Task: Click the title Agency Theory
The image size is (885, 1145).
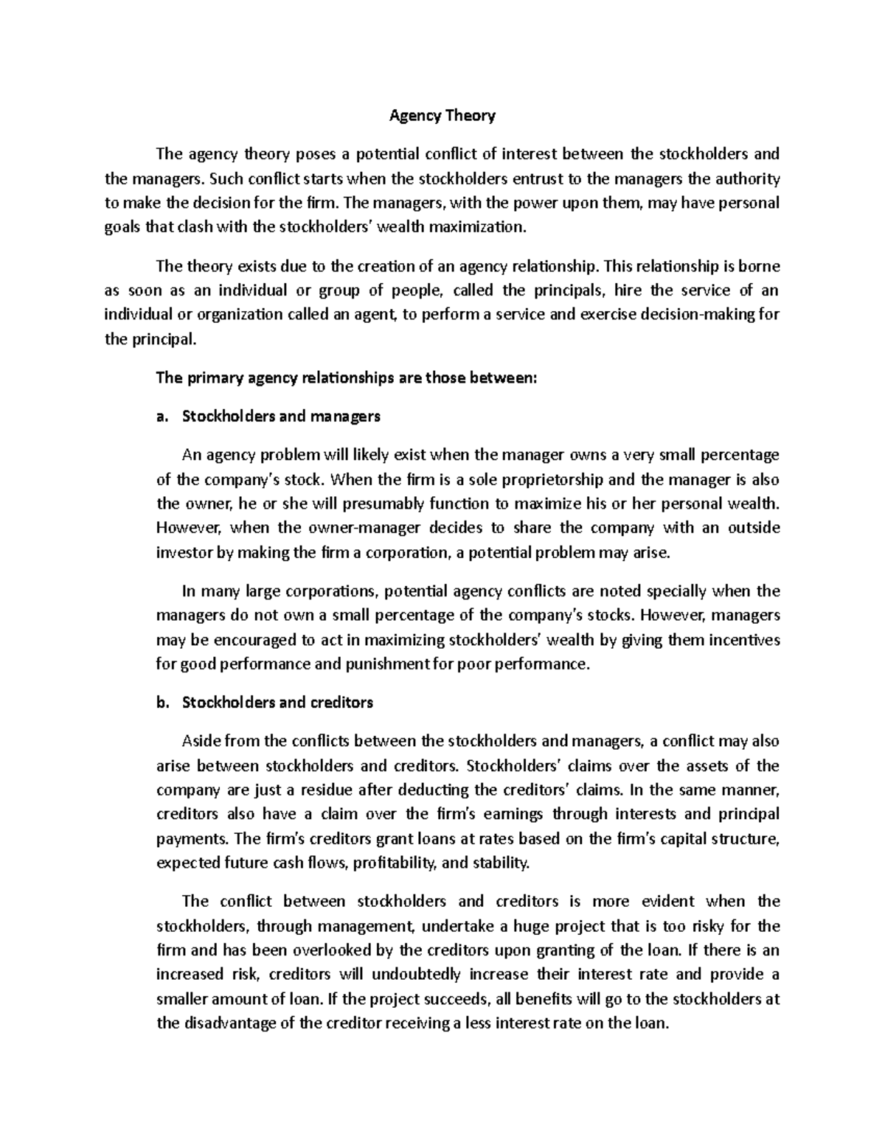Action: tap(442, 116)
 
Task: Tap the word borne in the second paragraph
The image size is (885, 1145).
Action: tap(759, 266)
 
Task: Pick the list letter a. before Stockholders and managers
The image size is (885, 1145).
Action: tap(163, 417)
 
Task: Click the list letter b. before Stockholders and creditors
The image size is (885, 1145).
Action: tap(163, 703)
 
